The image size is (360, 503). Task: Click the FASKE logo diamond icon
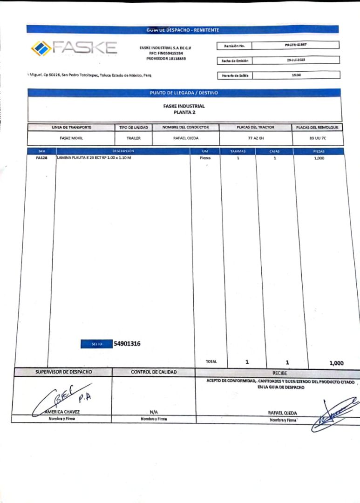41,48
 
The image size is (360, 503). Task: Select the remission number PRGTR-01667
295,45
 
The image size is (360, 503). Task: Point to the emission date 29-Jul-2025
295,60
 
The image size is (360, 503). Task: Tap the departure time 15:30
296,75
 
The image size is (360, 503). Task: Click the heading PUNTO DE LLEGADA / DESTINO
184,93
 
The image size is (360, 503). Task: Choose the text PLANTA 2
183,112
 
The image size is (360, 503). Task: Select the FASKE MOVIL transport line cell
71,138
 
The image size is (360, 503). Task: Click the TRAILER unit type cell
133,138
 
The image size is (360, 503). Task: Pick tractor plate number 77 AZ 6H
256,138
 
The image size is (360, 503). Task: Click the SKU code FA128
41,158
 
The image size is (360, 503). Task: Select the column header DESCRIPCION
123,151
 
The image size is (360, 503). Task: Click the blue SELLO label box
96,344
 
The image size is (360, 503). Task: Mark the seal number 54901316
127,344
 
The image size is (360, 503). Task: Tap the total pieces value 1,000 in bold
336,363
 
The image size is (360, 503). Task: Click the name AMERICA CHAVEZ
62,412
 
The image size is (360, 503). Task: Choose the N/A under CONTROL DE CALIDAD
153,412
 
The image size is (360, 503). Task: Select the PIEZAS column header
319,151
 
